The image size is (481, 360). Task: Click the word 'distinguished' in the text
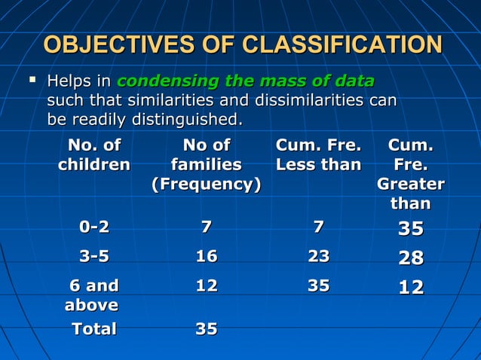click(x=187, y=119)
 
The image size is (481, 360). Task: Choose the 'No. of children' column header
click(x=94, y=154)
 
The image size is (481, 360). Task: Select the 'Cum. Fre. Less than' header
click(x=318, y=154)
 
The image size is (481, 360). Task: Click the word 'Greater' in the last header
click(x=410, y=184)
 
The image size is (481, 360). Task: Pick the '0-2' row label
click(x=94, y=227)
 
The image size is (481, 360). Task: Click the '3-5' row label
click(x=94, y=257)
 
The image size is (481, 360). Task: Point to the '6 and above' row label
click(x=93, y=294)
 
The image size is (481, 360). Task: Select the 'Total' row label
click(x=93, y=329)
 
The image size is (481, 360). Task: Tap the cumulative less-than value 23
click(x=318, y=257)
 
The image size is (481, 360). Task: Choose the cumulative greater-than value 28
click(x=410, y=258)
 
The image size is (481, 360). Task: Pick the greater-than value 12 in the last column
click(x=410, y=287)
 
